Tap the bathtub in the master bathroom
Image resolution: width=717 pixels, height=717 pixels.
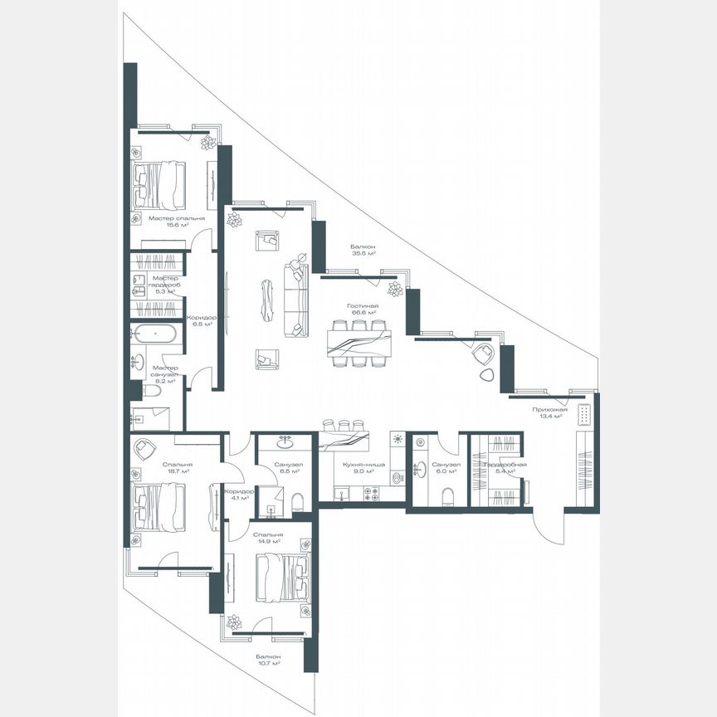[x=154, y=335]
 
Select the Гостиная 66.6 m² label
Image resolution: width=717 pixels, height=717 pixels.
[x=363, y=309]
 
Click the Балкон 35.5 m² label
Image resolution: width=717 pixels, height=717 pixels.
[x=363, y=250]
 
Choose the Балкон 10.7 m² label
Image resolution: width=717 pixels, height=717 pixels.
[x=268, y=660]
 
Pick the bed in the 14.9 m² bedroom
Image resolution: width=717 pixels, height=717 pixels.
[x=281, y=575]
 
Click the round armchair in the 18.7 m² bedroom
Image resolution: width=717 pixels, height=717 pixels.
[x=146, y=447]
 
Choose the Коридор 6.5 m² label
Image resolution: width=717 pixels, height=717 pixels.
[x=201, y=320]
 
